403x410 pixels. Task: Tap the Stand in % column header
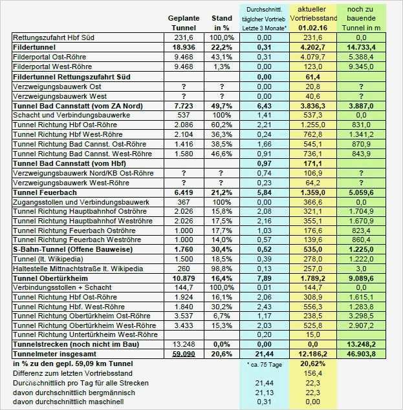point(222,23)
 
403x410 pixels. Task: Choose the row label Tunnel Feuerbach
point(45,192)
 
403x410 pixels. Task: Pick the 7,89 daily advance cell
point(264,278)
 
